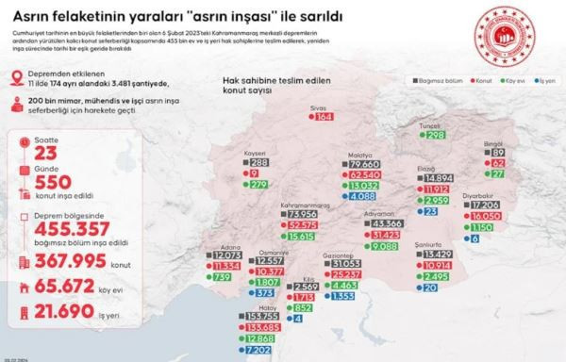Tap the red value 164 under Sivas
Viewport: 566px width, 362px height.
[x=324, y=118]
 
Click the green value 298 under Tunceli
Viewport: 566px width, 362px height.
[x=435, y=136]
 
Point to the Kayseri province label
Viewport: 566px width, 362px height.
[x=257, y=153]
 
